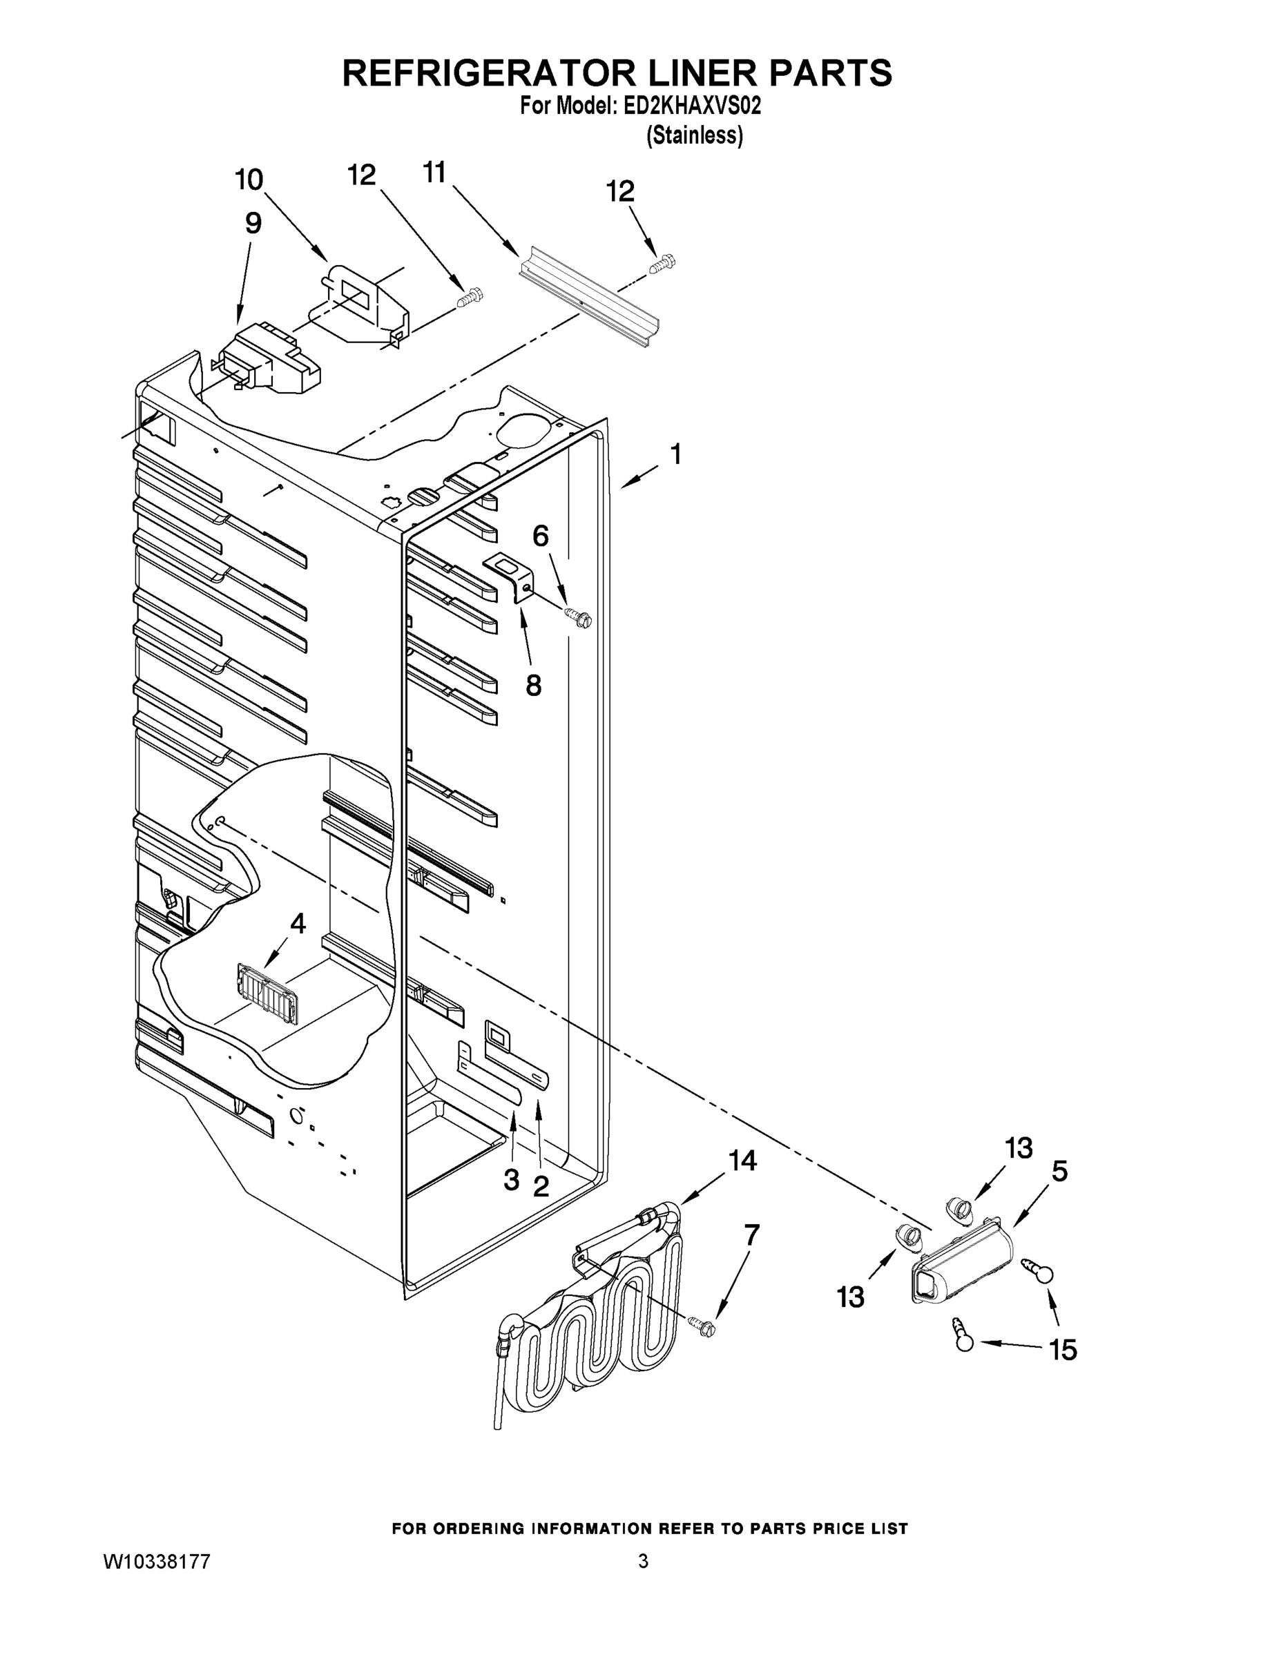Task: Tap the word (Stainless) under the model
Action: point(695,135)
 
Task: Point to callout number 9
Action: point(253,223)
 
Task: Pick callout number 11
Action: point(434,174)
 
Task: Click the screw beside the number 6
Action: point(578,618)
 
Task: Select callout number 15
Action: point(1063,1350)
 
